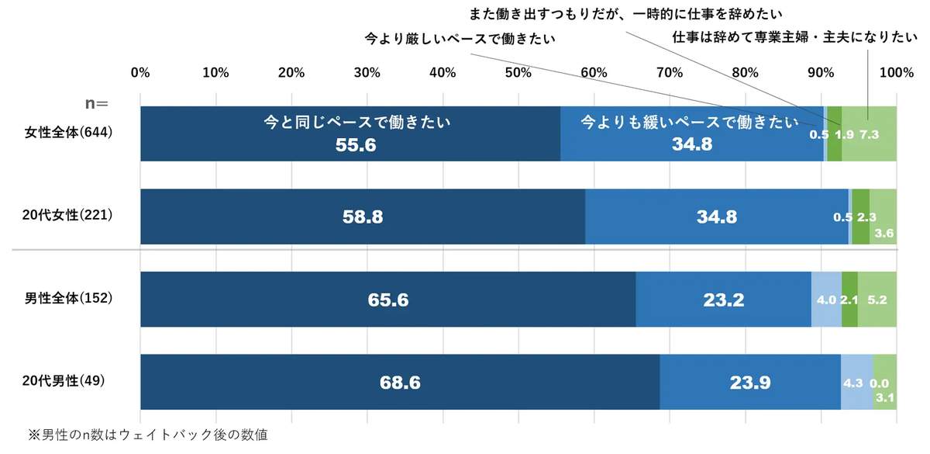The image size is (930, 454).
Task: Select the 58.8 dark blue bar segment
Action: click(363, 217)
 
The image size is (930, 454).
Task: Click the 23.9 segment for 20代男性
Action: click(749, 382)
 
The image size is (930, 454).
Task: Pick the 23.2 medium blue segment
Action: click(723, 300)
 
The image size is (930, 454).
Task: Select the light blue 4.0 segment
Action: click(826, 300)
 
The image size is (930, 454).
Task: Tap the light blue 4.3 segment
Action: click(856, 382)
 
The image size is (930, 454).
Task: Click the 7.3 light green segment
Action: click(869, 134)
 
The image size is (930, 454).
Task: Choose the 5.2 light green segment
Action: click(877, 300)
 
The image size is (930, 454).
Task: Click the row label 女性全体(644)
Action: click(70, 133)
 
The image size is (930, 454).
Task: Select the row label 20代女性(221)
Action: click(70, 216)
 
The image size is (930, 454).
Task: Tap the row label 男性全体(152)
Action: click(70, 298)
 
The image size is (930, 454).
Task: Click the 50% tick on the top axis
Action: click(517, 73)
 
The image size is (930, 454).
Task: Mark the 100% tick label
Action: click(896, 73)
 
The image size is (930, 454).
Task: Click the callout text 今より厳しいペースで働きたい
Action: click(461, 37)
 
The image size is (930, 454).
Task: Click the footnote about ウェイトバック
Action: click(147, 435)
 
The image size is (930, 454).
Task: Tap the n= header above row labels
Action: click(96, 102)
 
